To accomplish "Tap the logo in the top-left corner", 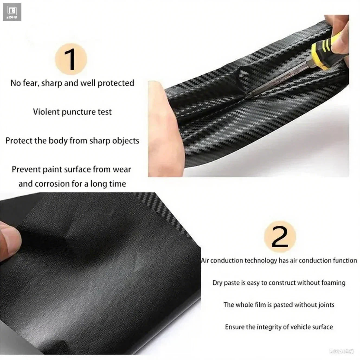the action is coord(12,12).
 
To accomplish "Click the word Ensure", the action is coord(234,327).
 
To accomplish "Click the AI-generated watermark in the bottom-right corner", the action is coord(342,351).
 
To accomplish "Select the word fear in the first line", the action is coord(31,83).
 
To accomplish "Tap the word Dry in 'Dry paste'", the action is coord(217,283).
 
